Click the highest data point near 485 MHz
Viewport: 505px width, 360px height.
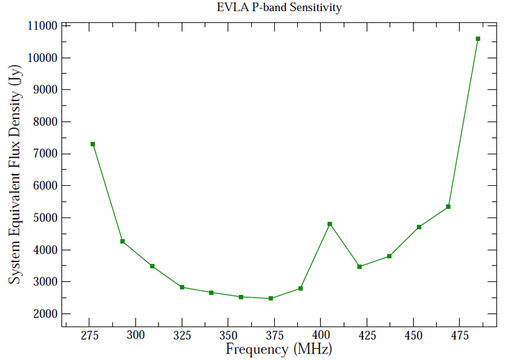[x=478, y=39]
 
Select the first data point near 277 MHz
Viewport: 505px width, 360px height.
[x=93, y=144]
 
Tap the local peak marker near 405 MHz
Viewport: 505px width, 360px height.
[x=330, y=224]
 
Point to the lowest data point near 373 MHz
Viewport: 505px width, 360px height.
[x=270, y=298]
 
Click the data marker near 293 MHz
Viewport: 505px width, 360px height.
[x=122, y=241]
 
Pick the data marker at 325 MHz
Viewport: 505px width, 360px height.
[x=182, y=287]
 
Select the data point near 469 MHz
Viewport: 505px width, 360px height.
[x=448, y=206]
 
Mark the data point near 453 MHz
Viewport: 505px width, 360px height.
[x=419, y=227]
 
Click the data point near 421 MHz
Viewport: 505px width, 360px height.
[x=360, y=266]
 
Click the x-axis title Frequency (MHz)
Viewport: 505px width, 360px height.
[x=279, y=349]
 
